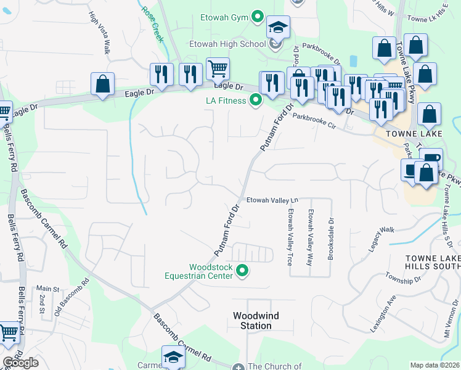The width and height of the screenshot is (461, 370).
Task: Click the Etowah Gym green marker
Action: coord(258,17)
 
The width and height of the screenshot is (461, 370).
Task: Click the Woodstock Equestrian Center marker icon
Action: coord(242,271)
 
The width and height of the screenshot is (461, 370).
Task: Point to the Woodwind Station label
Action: coord(256,321)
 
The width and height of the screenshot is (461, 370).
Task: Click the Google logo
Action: coord(20,362)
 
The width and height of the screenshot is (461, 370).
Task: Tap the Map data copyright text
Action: coord(435,365)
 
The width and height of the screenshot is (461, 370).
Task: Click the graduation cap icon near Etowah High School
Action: coord(278,28)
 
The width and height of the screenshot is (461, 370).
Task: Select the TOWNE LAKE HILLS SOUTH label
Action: coord(432,261)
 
